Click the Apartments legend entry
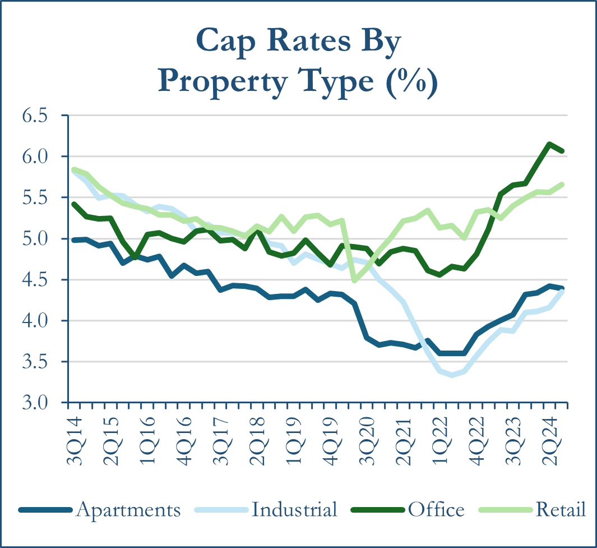(128, 510)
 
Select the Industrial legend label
(294, 510)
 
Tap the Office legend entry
(436, 510)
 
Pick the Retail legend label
(561, 510)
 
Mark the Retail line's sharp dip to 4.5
(354, 280)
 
